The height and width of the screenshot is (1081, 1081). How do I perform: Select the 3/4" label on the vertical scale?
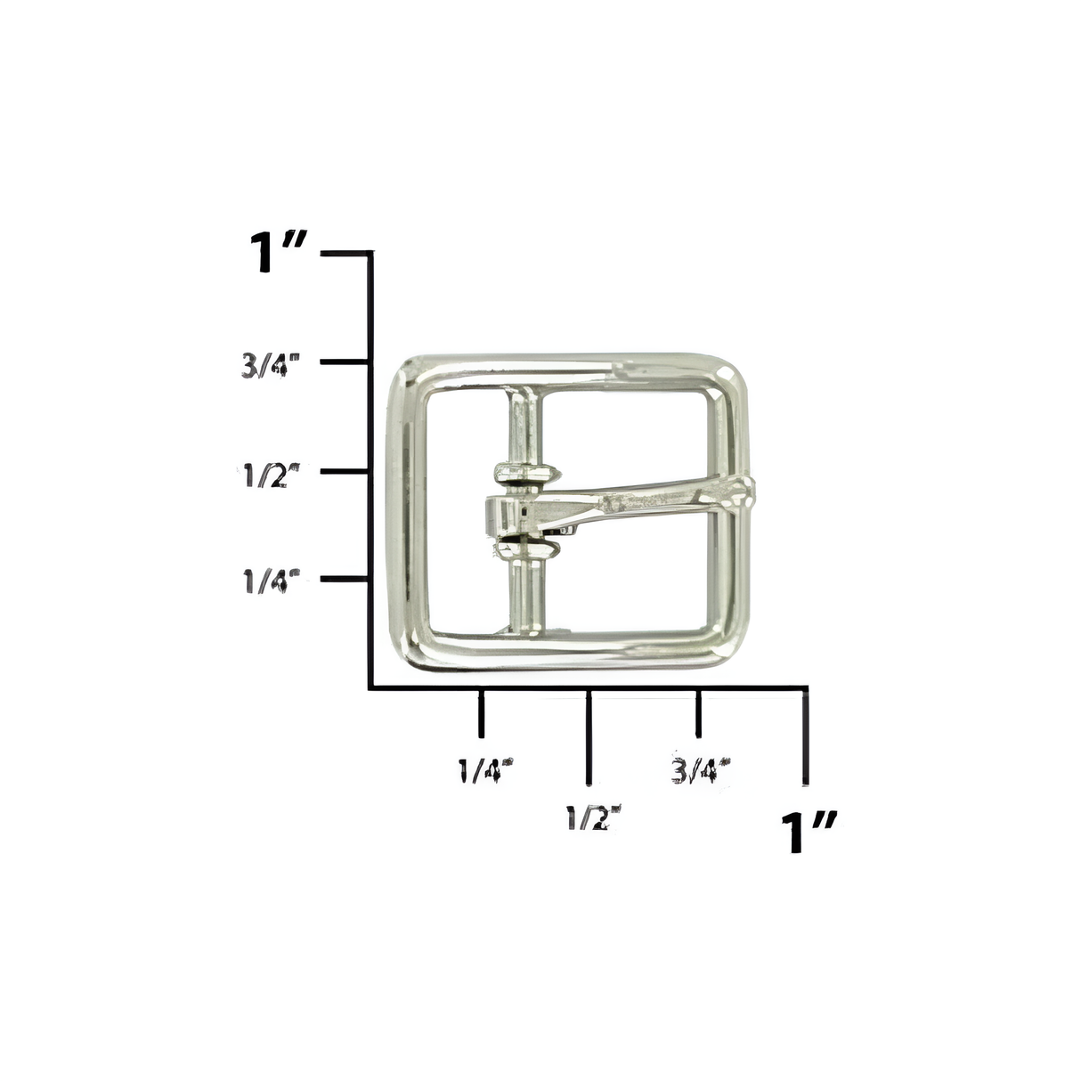point(270,366)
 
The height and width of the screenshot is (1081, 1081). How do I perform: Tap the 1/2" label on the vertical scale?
point(270,474)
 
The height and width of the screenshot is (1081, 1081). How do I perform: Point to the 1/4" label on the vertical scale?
point(270,581)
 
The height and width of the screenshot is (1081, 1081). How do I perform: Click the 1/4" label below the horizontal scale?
point(485,768)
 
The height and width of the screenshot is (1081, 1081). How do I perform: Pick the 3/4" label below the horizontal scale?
point(701,768)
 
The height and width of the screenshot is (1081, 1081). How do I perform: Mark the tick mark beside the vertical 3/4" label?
point(345,362)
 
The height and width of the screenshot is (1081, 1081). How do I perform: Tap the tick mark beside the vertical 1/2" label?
point(345,470)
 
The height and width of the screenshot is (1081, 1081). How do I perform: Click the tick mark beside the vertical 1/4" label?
point(345,579)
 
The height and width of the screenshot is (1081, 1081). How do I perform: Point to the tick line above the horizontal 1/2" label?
point(589,736)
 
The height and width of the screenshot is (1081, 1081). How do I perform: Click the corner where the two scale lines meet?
point(370,687)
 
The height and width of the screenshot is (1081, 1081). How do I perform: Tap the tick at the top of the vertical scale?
point(347,254)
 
